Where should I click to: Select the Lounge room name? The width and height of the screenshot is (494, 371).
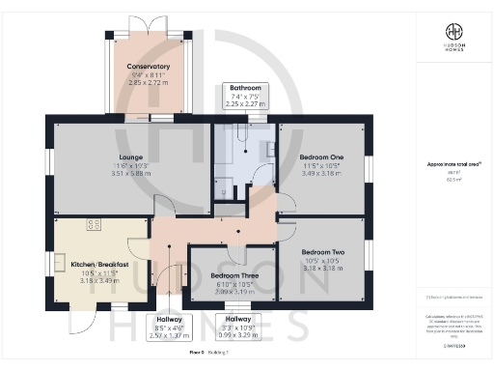pyautogui.click(x=131, y=157)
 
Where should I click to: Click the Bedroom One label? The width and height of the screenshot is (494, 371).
pyautogui.click(x=321, y=156)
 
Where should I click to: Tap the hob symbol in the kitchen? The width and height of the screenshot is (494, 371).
pyautogui.click(x=95, y=225)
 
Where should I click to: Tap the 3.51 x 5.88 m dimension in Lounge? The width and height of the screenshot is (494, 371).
pyautogui.click(x=131, y=175)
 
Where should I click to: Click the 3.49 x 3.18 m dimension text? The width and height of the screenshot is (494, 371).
pyautogui.click(x=321, y=174)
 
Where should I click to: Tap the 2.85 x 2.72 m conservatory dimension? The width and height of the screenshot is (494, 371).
pyautogui.click(x=148, y=84)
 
